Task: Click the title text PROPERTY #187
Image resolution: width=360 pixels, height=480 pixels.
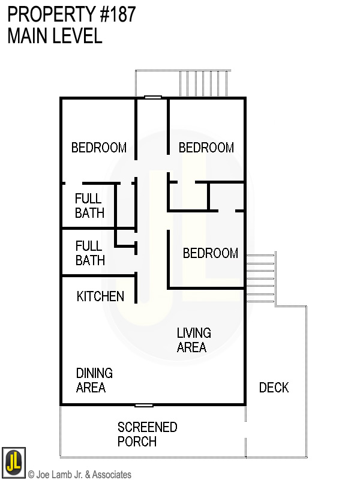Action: [71, 14]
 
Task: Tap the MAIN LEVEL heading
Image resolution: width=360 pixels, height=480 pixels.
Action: [55, 36]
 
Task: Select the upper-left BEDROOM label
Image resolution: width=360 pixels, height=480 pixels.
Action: [99, 148]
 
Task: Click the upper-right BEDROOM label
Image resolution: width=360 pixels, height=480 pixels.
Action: [206, 148]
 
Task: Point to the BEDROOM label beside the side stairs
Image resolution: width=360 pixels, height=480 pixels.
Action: [211, 253]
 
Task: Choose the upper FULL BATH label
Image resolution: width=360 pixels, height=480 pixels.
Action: [89, 206]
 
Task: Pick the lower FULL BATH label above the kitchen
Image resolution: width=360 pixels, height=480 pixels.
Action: [90, 253]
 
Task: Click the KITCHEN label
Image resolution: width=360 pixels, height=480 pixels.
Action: [100, 296]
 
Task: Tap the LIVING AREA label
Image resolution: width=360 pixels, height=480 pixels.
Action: [193, 340]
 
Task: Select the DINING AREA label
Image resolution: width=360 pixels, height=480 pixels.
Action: [94, 380]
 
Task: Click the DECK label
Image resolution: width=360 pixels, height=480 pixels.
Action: [274, 388]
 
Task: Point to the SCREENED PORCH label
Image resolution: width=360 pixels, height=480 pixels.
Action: [147, 434]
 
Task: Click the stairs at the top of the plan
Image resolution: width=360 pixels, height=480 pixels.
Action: [204, 83]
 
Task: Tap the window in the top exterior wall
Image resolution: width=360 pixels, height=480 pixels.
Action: [153, 97]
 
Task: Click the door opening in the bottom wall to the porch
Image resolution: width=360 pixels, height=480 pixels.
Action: [144, 405]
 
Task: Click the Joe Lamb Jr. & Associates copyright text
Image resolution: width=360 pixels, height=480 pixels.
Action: [79, 475]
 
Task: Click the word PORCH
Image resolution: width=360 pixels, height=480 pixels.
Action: [137, 442]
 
